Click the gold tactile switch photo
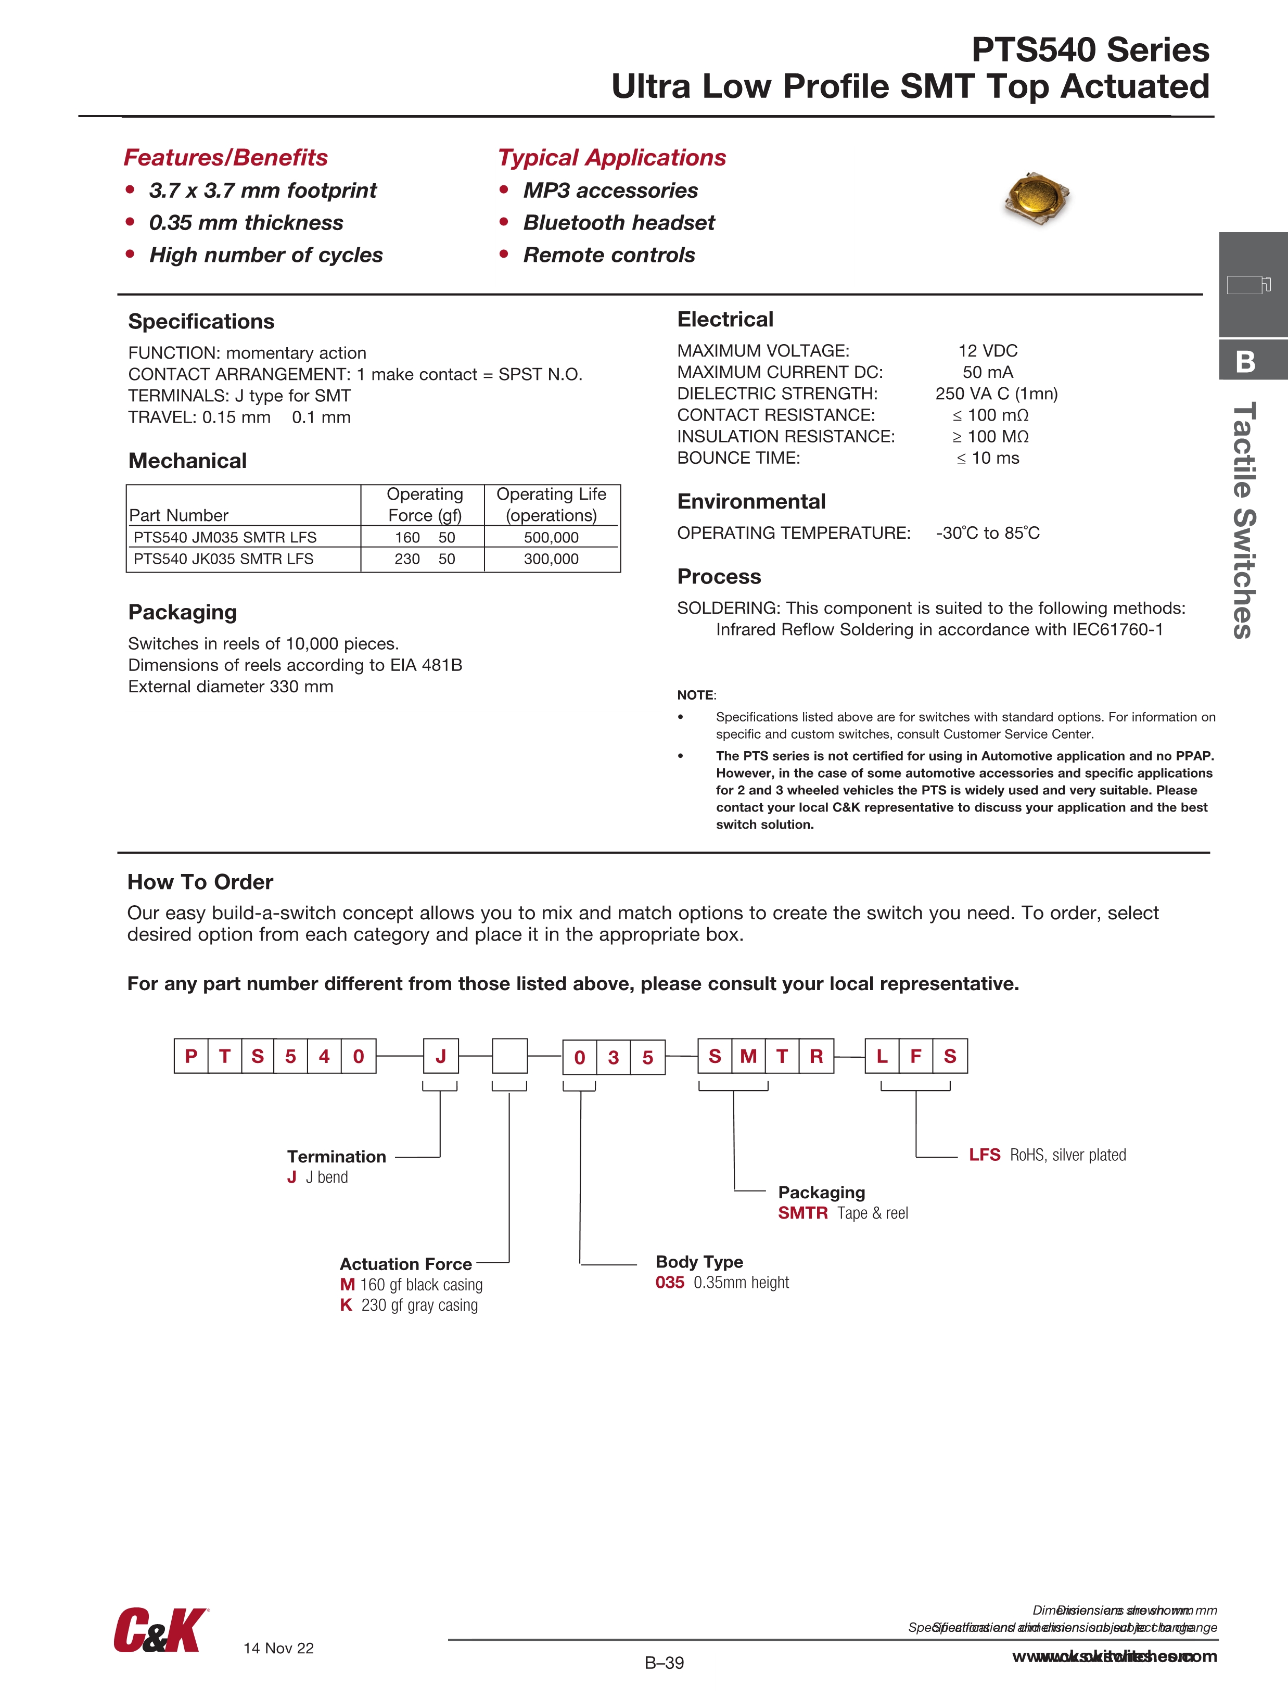tap(1037, 197)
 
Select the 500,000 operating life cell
tap(551, 537)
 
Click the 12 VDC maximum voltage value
tap(987, 351)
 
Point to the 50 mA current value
tap(987, 372)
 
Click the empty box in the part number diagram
tap(509, 1056)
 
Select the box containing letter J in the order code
tap(441, 1056)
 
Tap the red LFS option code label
tap(984, 1155)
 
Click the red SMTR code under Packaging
tap(802, 1213)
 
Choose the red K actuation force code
tap(346, 1305)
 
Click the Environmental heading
tap(751, 501)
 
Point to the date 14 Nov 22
tap(278, 1648)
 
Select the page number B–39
tap(664, 1663)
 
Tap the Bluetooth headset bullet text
tap(619, 223)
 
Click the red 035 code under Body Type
tap(669, 1282)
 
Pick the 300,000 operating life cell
tap(551, 559)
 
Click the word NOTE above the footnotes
tap(695, 695)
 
